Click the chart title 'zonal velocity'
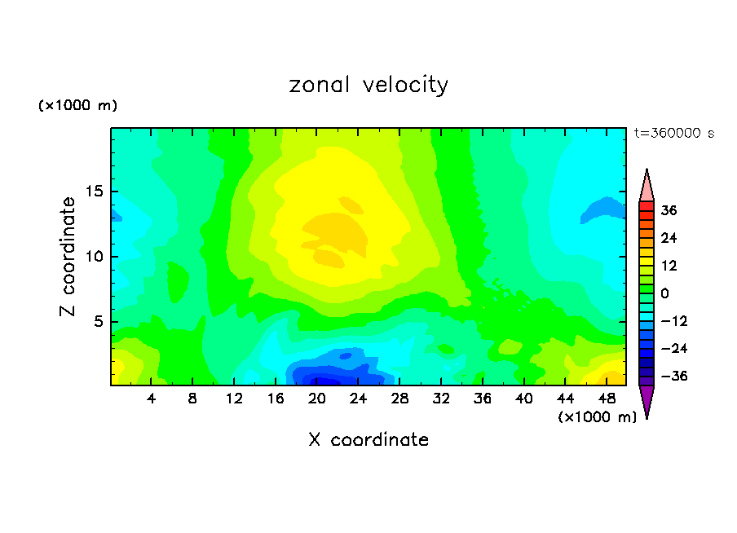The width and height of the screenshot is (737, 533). coord(368,85)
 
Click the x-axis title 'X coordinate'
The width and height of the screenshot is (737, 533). coord(368,440)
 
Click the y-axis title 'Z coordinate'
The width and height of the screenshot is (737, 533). coord(68,257)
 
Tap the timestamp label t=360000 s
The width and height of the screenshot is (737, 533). coord(673,133)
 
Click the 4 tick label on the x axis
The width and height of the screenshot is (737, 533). coord(152,399)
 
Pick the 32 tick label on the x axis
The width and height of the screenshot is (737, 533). coord(441,399)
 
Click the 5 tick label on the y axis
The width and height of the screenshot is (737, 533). coord(99,322)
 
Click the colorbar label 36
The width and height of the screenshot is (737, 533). coord(669,210)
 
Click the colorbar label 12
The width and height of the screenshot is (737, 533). coord(669,266)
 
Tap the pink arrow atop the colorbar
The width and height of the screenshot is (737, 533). coord(647,186)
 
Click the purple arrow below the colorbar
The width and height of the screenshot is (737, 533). coord(647,400)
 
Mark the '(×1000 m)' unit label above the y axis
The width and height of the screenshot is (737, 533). coord(78,106)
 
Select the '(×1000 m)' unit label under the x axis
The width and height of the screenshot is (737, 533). coord(598,417)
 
